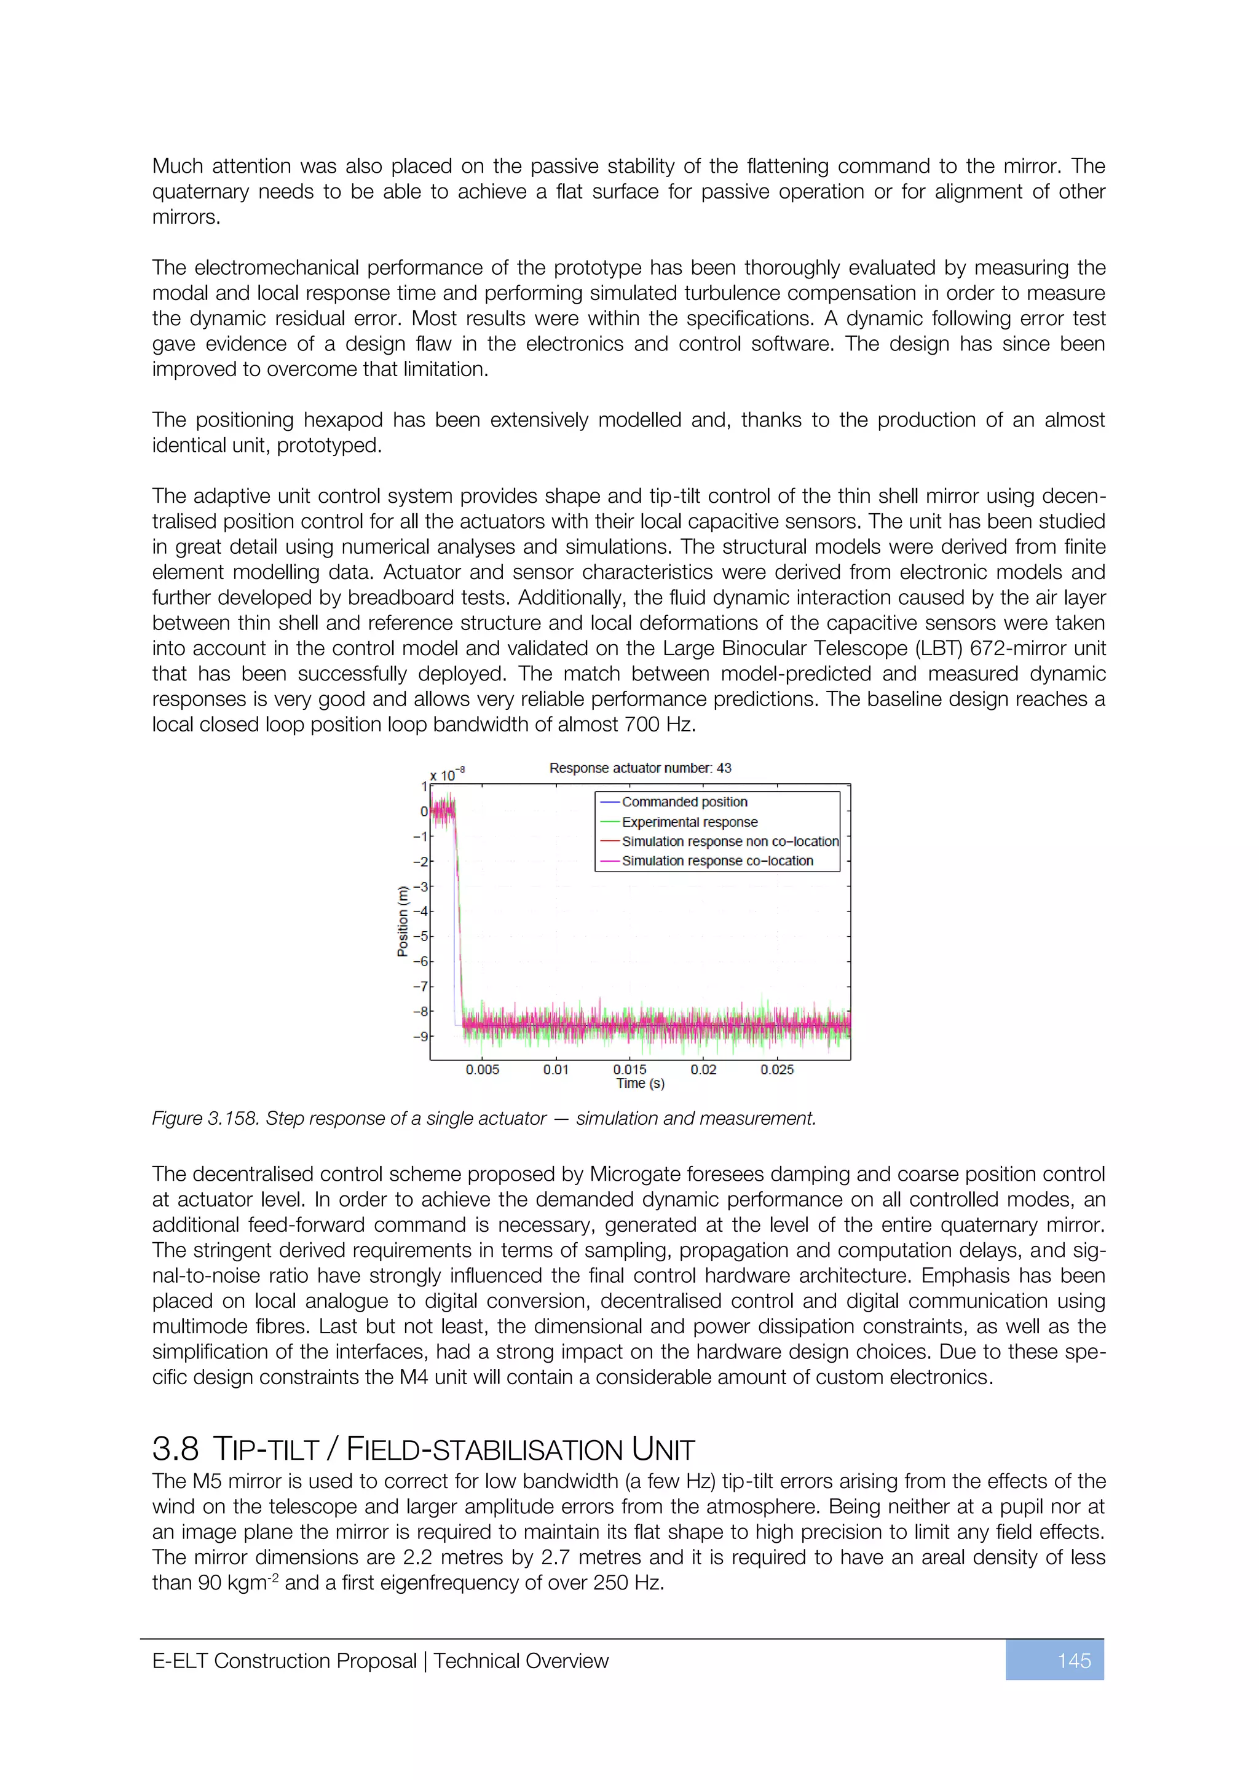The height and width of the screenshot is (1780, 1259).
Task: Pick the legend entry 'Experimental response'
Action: click(689, 822)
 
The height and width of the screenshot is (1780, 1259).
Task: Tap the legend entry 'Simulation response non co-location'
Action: click(730, 841)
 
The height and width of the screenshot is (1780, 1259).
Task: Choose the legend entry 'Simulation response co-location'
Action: click(717, 860)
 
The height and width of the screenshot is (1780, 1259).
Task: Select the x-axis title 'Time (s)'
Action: click(641, 1083)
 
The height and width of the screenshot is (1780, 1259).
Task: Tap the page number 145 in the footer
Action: click(1074, 1661)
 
